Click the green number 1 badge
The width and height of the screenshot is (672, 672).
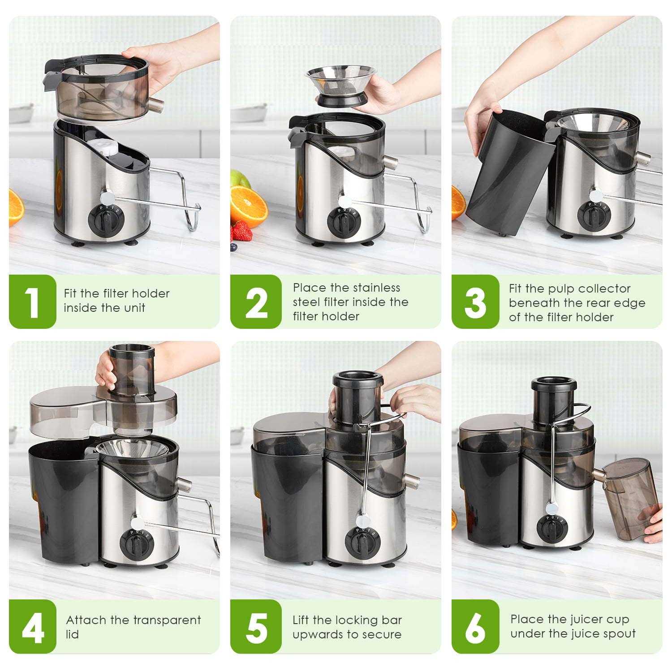[x=32, y=302]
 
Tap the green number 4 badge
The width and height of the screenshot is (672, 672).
[x=32, y=627]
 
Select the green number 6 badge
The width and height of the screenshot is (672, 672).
[x=475, y=627]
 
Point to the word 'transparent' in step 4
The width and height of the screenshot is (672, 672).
[x=167, y=620]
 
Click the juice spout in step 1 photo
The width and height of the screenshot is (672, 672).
[x=157, y=105]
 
